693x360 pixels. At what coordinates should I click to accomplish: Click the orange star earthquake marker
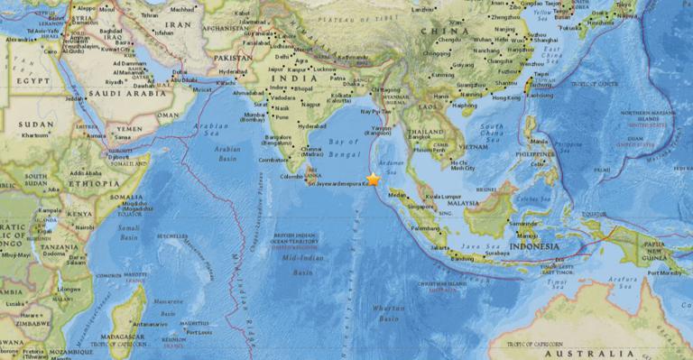[x=373, y=180]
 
